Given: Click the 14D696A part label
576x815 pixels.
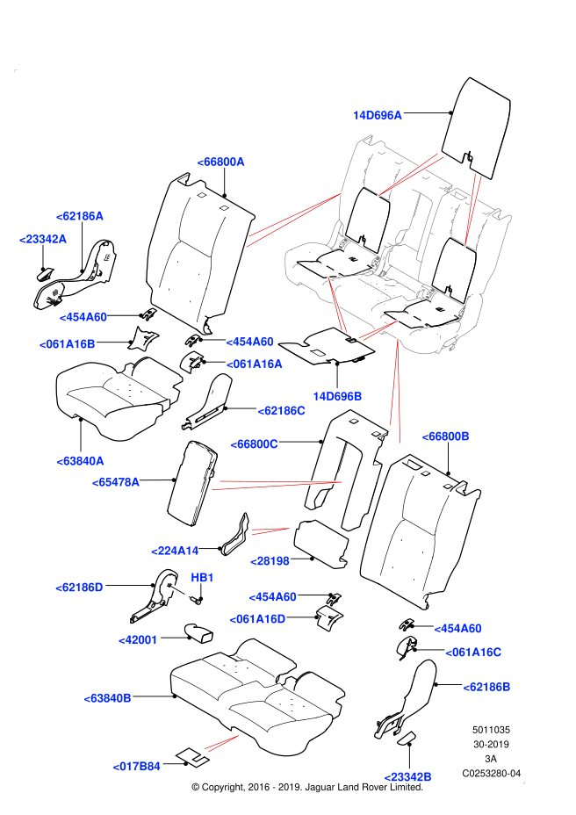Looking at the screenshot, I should pos(378,115).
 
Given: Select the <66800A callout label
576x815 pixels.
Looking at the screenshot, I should pos(220,162).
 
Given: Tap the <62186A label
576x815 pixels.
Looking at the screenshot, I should pos(79,216).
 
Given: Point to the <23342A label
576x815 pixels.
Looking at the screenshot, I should pos(42,239).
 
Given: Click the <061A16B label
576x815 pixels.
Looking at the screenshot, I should pos(67,344).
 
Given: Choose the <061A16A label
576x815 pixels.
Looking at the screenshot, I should pos(255,364).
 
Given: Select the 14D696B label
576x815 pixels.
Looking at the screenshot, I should pos(337,396).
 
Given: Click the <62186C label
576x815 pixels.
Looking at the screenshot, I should pos(281,411).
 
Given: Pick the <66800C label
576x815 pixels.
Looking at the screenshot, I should pos(254,444).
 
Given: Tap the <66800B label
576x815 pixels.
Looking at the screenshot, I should pos(445,436).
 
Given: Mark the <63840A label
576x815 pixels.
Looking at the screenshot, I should pos(80,461).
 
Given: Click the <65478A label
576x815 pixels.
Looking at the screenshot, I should pos(115,482).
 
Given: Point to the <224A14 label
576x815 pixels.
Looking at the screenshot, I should pos(175,551).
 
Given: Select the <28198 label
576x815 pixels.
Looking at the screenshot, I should pos(270,561).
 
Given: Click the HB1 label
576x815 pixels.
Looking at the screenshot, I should pos(202,578).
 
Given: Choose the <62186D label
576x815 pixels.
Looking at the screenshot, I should pos(79,588).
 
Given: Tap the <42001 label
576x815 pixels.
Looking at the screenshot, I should pos(138,640).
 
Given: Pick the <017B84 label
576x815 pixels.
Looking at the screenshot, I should pos(136,767).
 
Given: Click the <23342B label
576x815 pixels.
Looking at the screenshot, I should pos(407,777).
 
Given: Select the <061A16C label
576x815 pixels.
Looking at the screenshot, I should pos(473,653).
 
